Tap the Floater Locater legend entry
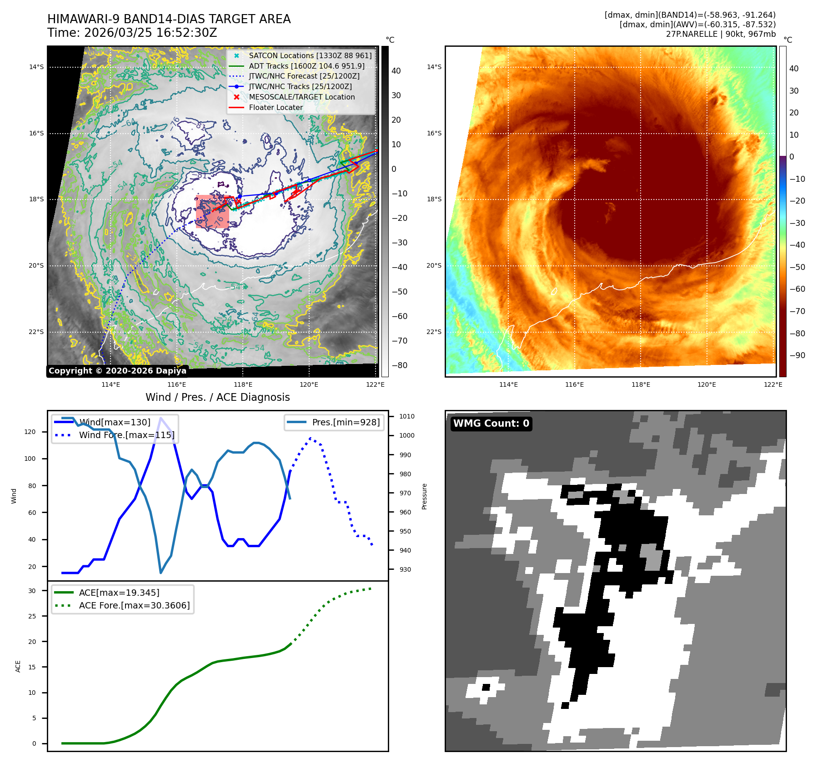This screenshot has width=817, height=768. (276, 107)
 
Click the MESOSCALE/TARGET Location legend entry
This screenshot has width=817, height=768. (301, 97)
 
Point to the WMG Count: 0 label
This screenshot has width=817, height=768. (491, 424)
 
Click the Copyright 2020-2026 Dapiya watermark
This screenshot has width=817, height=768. (117, 371)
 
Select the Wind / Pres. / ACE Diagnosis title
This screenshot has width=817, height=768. (217, 397)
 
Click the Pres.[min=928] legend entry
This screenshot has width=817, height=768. (346, 422)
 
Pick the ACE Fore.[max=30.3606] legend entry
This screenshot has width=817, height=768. (134, 605)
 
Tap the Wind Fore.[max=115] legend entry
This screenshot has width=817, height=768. (126, 435)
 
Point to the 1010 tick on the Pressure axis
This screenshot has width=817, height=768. (406, 416)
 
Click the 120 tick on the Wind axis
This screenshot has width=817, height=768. (30, 432)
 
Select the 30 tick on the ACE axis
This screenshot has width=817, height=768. (32, 591)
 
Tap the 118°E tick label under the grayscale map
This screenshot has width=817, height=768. (243, 384)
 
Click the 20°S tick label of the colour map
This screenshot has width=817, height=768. (434, 265)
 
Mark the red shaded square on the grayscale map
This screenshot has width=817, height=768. (212, 211)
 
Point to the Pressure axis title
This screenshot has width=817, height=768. (424, 496)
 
